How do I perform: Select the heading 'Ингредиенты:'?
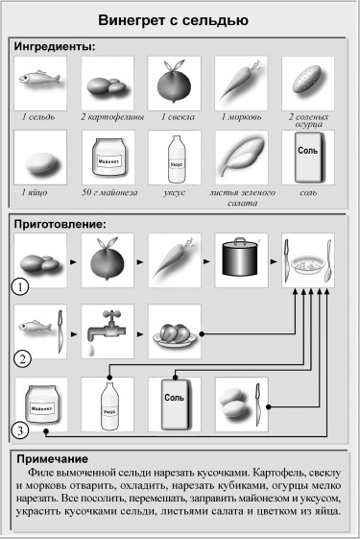(60, 45)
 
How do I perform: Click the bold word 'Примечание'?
(57, 459)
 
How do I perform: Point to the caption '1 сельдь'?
(40, 116)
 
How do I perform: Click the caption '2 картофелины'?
(108, 116)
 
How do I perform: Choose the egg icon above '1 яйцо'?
(40, 158)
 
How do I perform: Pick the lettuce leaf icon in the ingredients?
(241, 158)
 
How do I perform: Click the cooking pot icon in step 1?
(241, 260)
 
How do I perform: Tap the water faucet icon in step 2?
(108, 331)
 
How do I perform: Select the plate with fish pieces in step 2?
(175, 333)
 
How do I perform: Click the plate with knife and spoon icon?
(308, 260)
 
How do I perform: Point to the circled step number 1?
(16, 286)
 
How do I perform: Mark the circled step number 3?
(16, 429)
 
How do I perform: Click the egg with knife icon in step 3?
(241, 404)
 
